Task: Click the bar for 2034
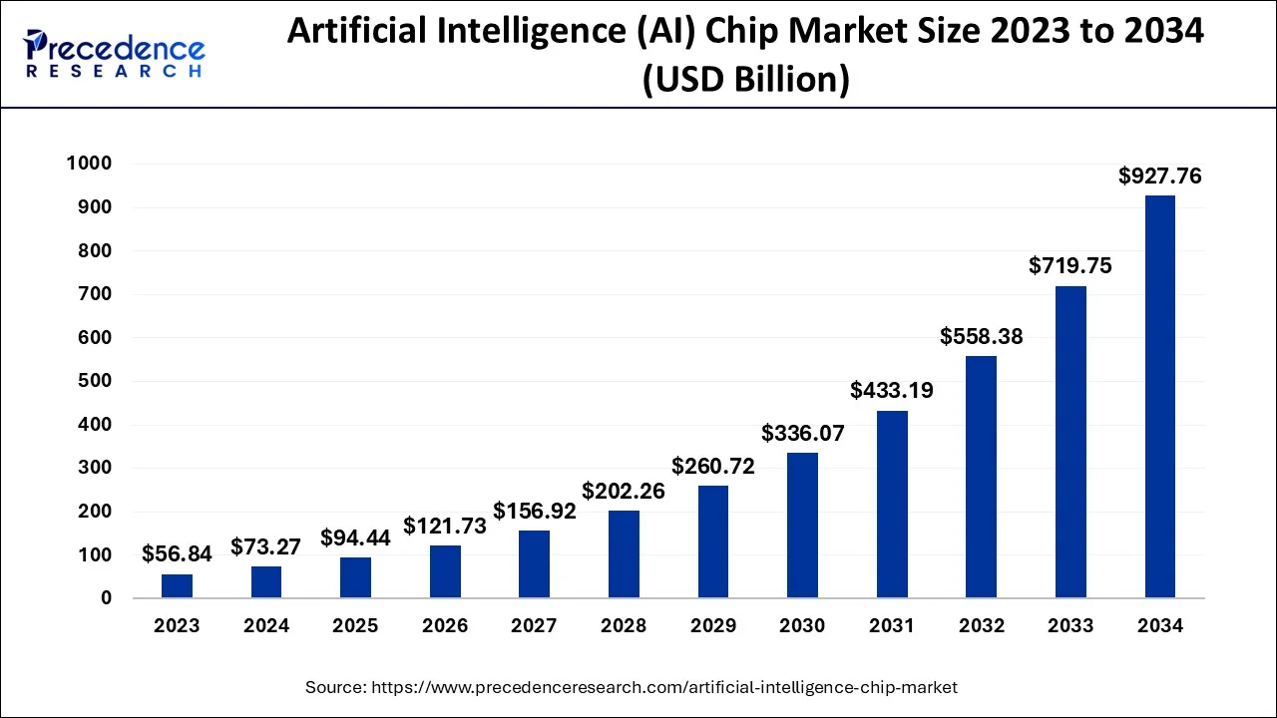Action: coord(1159,397)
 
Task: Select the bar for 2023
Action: coord(177,586)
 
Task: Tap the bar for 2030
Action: coord(802,526)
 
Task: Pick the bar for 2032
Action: coord(981,477)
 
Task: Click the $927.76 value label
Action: coord(1159,177)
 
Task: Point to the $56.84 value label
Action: coord(176,553)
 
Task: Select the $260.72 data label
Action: coord(712,466)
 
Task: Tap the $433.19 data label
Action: coord(892,390)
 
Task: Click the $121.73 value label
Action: coord(445,526)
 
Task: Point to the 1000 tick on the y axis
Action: coord(89,164)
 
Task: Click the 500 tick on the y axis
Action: coord(96,381)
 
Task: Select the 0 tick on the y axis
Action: coord(105,598)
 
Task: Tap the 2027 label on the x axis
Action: coord(534,626)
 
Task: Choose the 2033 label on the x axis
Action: coord(1070,626)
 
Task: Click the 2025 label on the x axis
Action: coord(355,626)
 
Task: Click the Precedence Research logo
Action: coord(115,54)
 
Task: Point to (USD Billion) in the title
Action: coord(746,79)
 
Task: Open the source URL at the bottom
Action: coord(663,687)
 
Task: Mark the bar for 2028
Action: coord(624,554)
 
